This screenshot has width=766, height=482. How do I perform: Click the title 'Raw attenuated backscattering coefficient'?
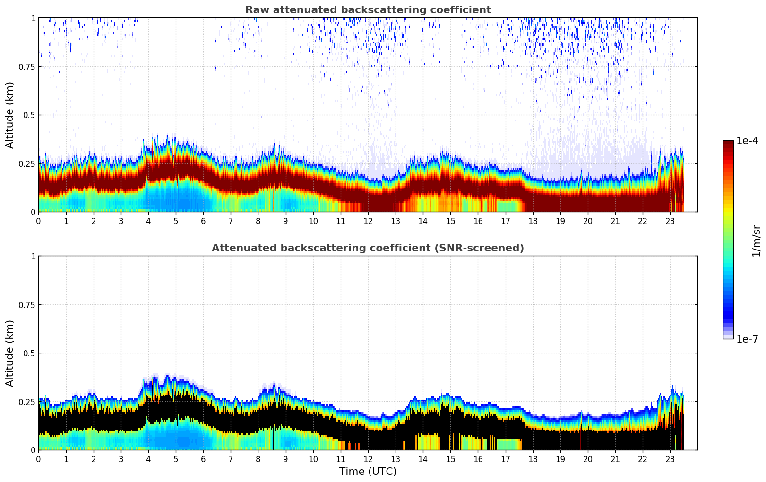[368, 10]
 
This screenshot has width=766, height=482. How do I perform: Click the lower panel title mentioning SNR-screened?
[368, 248]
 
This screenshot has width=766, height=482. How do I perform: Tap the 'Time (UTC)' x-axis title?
[368, 472]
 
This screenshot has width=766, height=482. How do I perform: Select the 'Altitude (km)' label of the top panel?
[10, 115]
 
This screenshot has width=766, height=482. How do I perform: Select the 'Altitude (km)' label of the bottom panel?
[10, 353]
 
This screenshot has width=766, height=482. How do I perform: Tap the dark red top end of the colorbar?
[728, 143]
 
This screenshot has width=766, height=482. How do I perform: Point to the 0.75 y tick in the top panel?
[27, 67]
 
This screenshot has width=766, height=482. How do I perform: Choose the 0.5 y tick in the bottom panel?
[30, 353]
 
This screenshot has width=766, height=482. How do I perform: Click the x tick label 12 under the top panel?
[368, 221]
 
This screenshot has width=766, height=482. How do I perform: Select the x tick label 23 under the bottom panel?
[670, 459]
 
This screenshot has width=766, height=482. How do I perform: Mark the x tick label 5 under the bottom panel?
[176, 459]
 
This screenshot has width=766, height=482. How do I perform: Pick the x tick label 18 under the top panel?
[533, 221]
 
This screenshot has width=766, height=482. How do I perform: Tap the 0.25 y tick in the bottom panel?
[27, 402]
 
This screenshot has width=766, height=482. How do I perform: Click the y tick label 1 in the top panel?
[33, 18]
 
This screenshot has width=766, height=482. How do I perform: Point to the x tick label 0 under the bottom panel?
[39, 459]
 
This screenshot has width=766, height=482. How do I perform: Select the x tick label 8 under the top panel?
[258, 221]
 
